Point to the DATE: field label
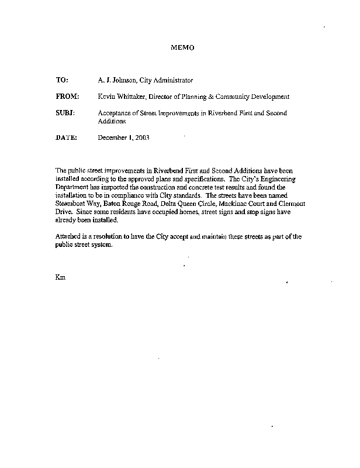(67, 138)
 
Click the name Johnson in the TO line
(124, 80)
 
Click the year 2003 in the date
(142, 138)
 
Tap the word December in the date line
(112, 138)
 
